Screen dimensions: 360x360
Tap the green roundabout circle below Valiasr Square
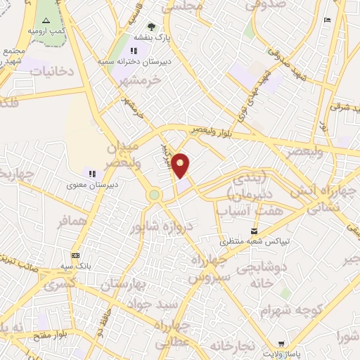(155, 194)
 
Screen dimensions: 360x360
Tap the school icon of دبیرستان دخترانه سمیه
(134, 51)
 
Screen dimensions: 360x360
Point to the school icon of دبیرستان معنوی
(91, 173)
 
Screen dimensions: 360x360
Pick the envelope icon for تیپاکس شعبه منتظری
(255, 231)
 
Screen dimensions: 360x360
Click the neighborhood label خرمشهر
(141, 79)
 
